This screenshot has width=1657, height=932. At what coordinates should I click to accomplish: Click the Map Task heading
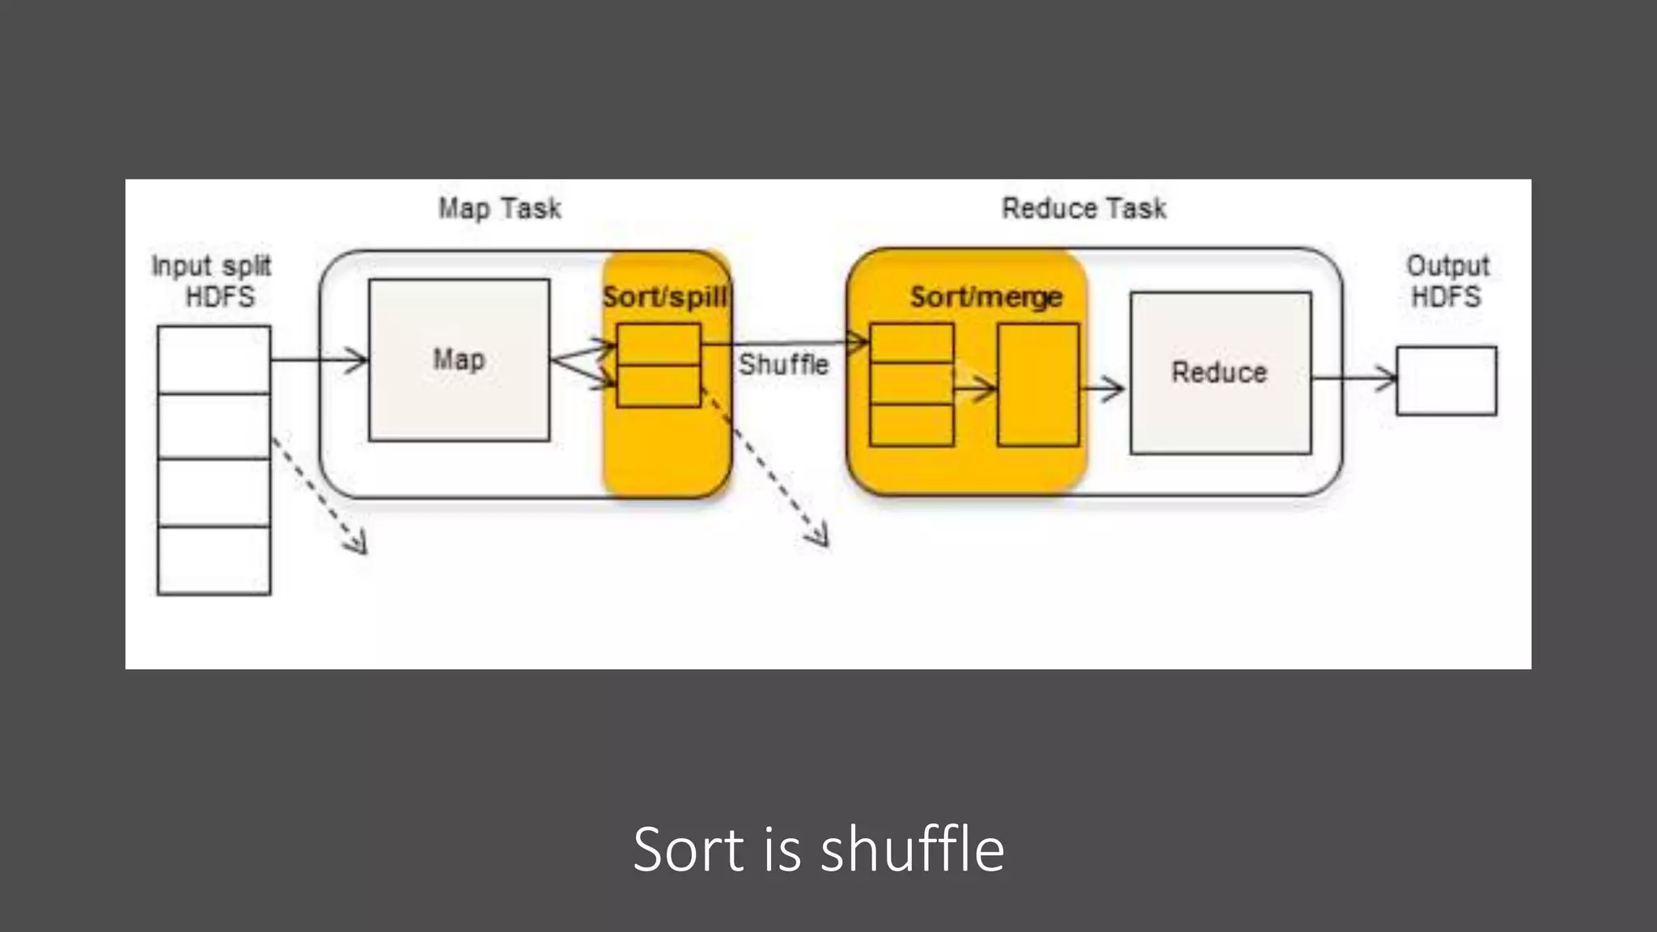tap(499, 209)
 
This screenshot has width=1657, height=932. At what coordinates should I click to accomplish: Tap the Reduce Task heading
tap(1083, 209)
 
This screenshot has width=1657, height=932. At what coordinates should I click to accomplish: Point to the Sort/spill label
tap(665, 297)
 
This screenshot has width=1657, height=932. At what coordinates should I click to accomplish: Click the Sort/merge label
tap(985, 297)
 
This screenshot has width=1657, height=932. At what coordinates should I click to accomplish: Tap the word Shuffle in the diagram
tap(783, 364)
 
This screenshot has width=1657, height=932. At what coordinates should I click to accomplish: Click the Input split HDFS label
tap(212, 281)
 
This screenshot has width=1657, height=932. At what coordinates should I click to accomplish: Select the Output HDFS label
tap(1447, 281)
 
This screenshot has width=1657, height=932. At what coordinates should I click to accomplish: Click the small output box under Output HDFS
tap(1447, 381)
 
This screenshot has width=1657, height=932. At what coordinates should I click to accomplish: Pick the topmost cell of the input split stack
tap(214, 359)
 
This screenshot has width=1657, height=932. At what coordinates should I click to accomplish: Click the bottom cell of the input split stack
tap(214, 560)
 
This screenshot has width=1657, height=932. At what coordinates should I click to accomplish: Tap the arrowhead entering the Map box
tap(356, 360)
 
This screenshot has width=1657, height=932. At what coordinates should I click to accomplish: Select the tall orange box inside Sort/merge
tap(1038, 385)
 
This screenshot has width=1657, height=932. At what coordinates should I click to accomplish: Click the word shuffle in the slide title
tap(912, 849)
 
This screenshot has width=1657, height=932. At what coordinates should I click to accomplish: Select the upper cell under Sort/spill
tap(659, 345)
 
